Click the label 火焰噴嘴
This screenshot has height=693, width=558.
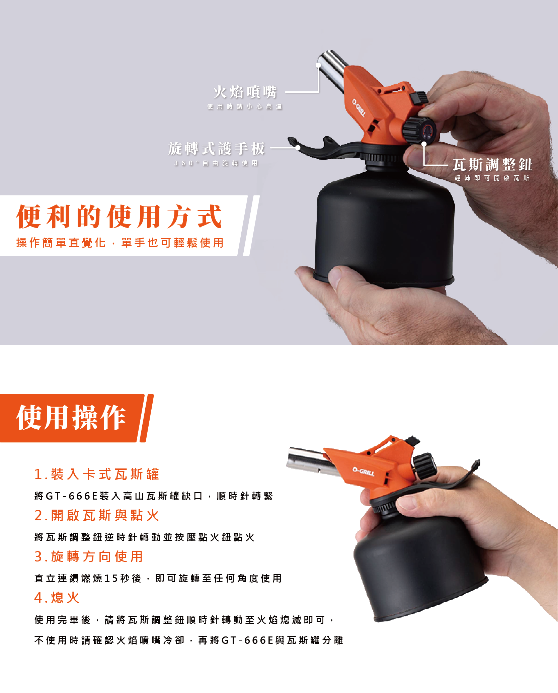tap(245, 92)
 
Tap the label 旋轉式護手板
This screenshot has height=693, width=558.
tap(217, 149)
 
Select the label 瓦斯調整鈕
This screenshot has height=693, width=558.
tap(492, 165)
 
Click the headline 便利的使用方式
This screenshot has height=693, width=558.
tap(119, 216)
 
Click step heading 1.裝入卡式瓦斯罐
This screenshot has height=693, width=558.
tap(97, 474)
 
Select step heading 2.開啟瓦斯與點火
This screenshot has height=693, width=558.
tap(97, 515)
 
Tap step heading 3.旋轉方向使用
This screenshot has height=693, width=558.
tap(89, 556)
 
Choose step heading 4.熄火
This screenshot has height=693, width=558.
tap(57, 598)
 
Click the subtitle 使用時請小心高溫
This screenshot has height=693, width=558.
tap(245, 106)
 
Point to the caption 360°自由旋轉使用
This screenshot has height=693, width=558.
tap(216, 163)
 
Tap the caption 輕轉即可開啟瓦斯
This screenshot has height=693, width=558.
tap(492, 178)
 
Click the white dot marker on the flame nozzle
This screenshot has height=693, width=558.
tap(318, 65)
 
